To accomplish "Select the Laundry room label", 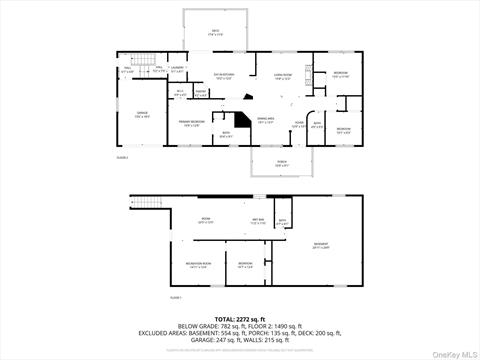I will pos(177,69).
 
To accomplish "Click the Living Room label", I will pos(283,76).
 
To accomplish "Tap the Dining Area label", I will pos(265,121).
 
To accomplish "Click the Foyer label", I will pos(299,125).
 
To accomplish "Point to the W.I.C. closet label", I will pos(180,93).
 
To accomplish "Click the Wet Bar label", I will pos(257,221).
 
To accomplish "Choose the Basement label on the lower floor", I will pos(320,245).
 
